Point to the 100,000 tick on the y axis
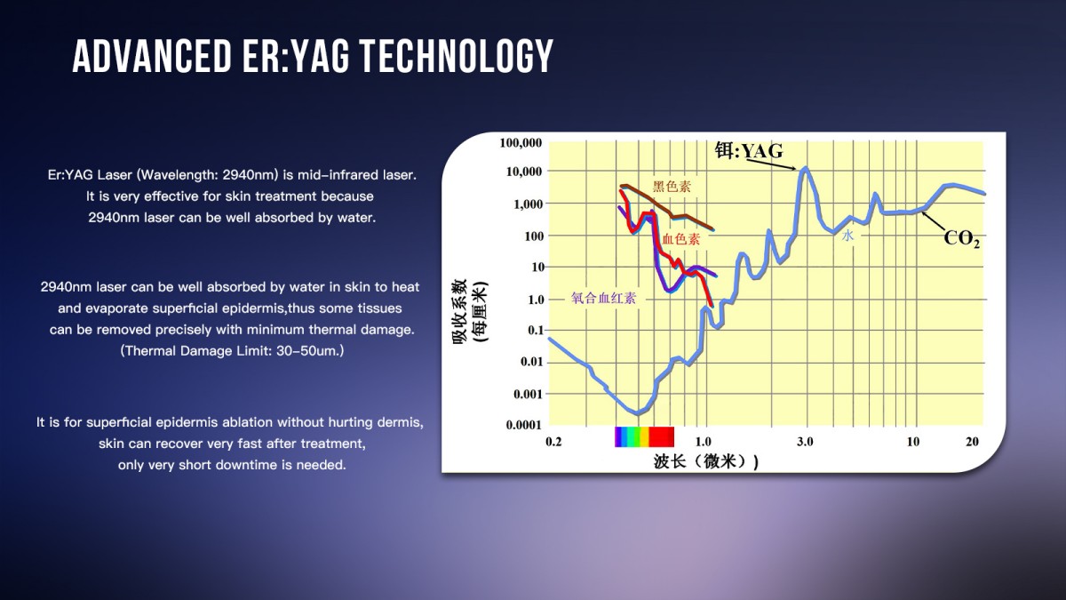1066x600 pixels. (521, 143)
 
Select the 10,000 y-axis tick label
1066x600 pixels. (523, 172)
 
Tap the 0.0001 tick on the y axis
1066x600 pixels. (524, 425)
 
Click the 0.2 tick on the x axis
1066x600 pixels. (553, 442)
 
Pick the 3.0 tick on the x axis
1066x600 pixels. (805, 442)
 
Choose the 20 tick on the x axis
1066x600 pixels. (972, 442)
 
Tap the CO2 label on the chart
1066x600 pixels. (962, 238)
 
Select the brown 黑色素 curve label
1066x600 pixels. (672, 187)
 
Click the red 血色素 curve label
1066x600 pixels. (680, 240)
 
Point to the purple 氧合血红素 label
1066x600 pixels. (603, 299)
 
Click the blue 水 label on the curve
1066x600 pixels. (847, 236)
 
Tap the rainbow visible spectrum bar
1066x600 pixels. (644, 436)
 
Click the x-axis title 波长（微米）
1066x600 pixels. (705, 461)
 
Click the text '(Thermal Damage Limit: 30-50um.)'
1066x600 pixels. (231, 351)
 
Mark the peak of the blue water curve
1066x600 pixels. (805, 167)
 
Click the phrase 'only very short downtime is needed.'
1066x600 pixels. (231, 465)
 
